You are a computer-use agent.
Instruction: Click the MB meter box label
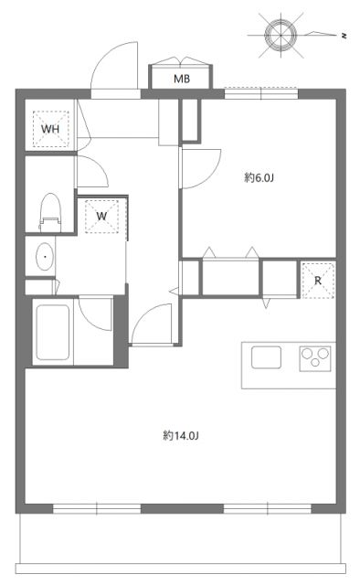[183, 79]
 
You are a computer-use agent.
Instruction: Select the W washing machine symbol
[102, 217]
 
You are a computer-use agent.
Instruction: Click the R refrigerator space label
[318, 280]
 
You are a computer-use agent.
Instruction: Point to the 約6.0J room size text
[259, 177]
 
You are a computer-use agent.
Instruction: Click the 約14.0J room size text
[181, 435]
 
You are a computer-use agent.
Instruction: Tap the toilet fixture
[48, 211]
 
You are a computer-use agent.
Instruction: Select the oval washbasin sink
[44, 258]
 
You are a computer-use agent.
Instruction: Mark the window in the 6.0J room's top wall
[261, 91]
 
